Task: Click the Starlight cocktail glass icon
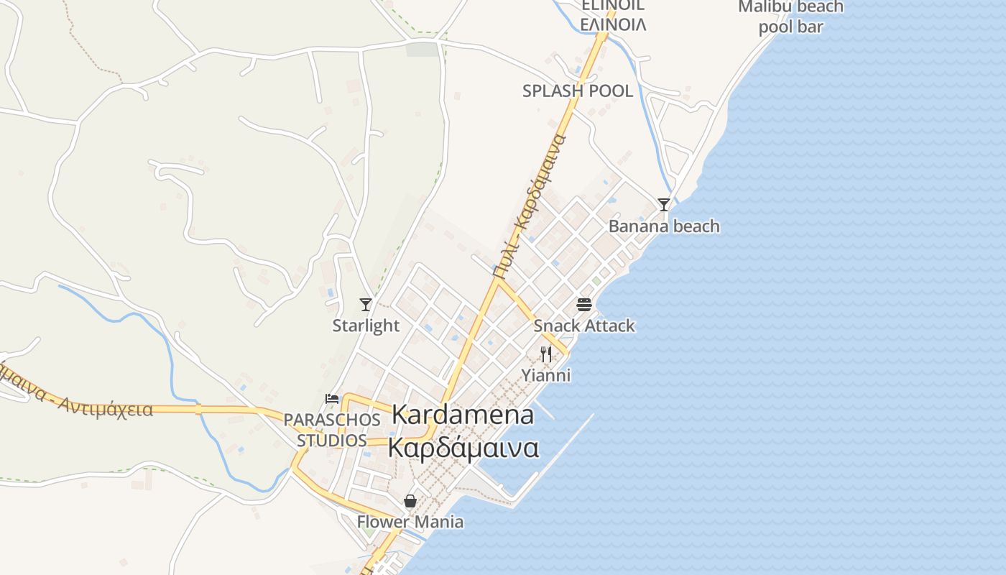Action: pos(366,305)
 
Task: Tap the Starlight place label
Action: pos(366,326)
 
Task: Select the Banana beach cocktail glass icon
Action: pos(664,205)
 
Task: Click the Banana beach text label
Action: pos(664,226)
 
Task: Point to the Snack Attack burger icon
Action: pos(584,305)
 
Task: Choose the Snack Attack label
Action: pos(584,326)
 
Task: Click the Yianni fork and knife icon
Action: pos(546,354)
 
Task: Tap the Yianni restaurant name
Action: pos(546,375)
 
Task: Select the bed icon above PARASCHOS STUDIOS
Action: pos(332,399)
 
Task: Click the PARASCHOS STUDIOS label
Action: pos(332,430)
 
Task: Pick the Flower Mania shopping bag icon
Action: pos(410,501)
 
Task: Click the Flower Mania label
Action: pos(410,522)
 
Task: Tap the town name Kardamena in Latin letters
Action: pos(463,415)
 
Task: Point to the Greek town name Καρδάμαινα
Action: pos(463,447)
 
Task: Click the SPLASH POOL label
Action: pos(578,91)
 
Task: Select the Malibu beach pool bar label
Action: pos(790,17)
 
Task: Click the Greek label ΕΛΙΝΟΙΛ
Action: pos(613,24)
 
